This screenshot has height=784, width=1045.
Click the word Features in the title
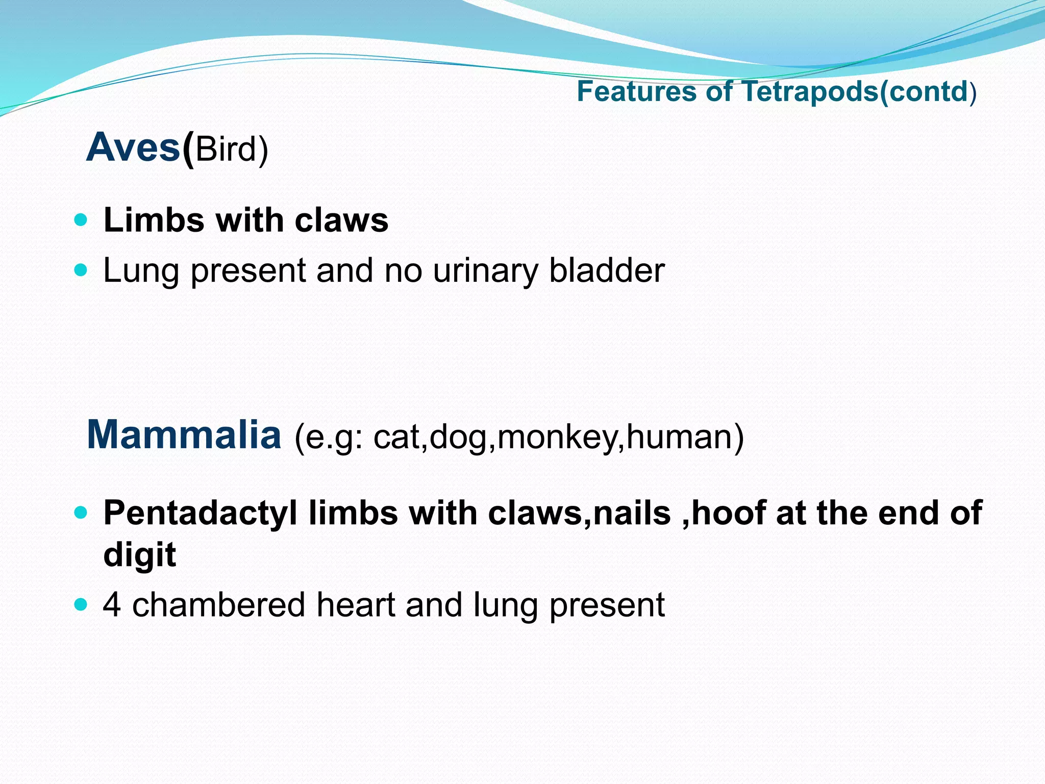[x=636, y=92]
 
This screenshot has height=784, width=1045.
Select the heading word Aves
[x=133, y=148]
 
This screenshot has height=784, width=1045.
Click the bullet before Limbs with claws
[x=81, y=220]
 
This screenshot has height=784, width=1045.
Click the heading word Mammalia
[x=184, y=434]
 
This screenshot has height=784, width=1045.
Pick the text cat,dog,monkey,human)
[x=559, y=437]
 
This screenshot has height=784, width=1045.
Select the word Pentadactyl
[x=200, y=513]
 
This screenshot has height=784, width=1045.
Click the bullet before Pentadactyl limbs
[x=81, y=512]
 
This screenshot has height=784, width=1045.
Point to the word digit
[x=139, y=555]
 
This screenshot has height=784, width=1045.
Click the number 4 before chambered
[x=112, y=604]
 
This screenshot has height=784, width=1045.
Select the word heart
[x=356, y=604]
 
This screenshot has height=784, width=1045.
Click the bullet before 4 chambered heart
[x=81, y=604]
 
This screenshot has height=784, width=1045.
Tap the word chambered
[x=219, y=604]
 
